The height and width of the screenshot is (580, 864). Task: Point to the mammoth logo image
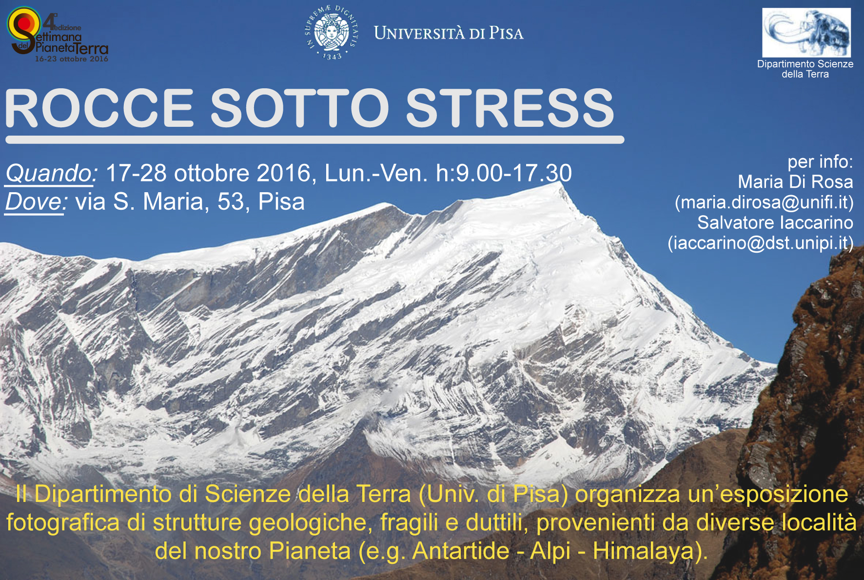pos(806,33)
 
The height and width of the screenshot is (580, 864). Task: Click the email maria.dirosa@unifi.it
pos(764,202)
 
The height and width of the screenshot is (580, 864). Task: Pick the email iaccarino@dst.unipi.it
pos(761,243)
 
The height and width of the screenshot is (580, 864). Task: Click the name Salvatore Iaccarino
pos(775,222)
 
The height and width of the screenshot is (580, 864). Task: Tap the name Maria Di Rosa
pos(796,182)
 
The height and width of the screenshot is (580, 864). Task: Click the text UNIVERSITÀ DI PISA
pos(449,33)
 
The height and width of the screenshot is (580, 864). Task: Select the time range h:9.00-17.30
pos(504,174)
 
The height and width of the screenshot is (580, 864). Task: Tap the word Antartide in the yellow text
pos(461,551)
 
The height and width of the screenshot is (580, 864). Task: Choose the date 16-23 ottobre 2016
pos(72,59)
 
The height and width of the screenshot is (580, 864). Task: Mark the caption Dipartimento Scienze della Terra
pos(805,69)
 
